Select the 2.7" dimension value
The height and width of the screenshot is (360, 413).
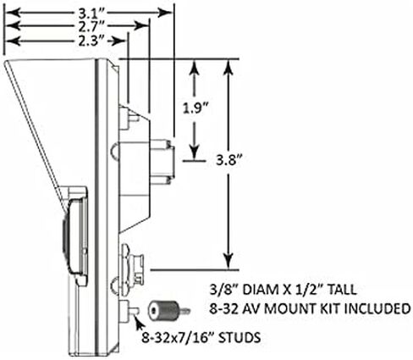(x=91, y=26)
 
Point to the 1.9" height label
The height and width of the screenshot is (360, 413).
(x=195, y=108)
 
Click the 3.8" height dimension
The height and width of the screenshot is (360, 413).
(x=229, y=161)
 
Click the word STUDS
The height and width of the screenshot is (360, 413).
(x=240, y=337)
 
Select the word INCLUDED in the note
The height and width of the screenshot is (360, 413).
(x=377, y=308)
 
